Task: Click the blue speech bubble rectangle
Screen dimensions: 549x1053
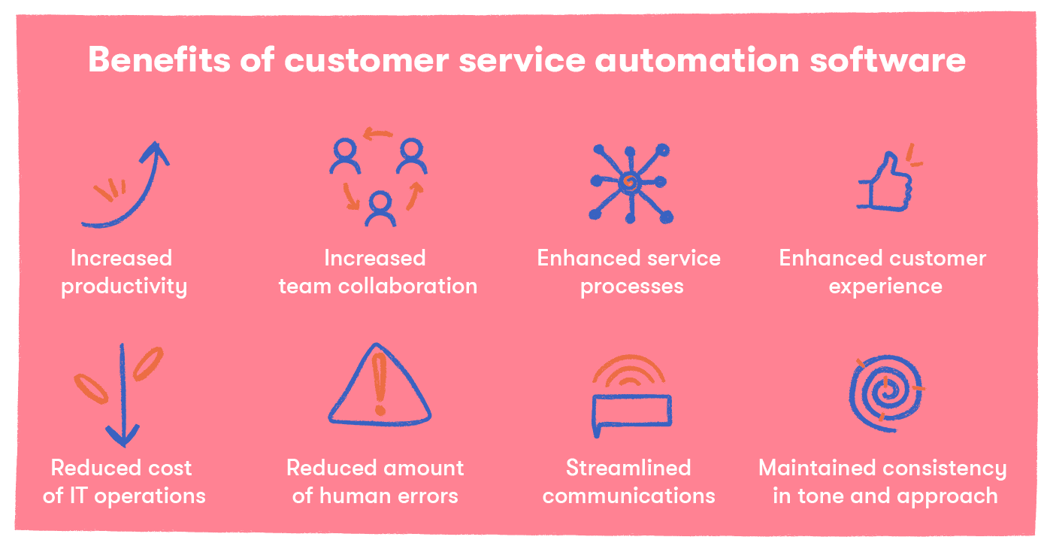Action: click(x=631, y=411)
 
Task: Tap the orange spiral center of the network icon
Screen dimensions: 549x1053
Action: click(x=630, y=181)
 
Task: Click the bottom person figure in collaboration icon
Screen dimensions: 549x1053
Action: click(x=380, y=208)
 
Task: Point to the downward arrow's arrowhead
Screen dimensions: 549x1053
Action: click(x=122, y=435)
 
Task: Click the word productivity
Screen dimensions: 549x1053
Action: click(x=124, y=287)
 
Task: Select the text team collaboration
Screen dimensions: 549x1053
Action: click(x=377, y=287)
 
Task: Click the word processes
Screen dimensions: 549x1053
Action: click(x=631, y=287)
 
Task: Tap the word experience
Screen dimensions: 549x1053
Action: click(x=885, y=287)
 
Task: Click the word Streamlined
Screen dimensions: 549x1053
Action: click(x=628, y=468)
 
